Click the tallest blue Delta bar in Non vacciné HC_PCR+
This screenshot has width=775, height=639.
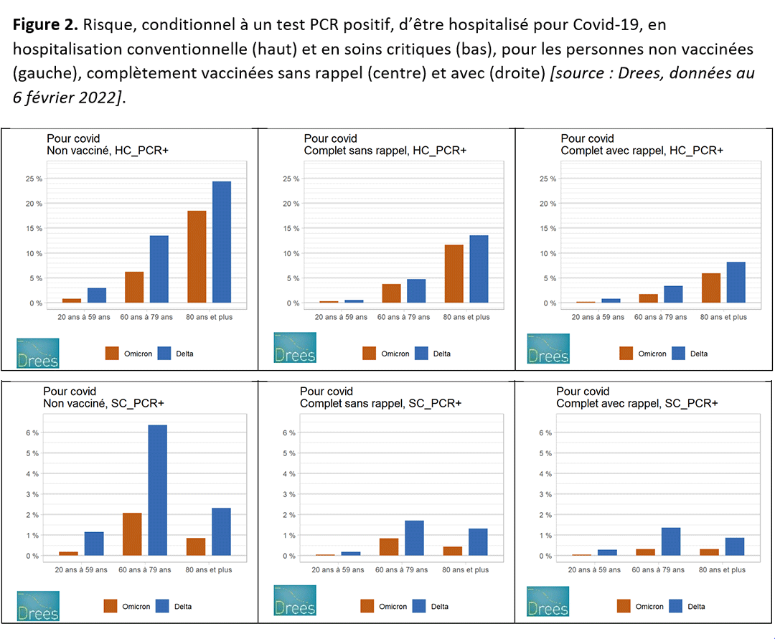pos(222,242)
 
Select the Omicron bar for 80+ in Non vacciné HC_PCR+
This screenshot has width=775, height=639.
pos(197,257)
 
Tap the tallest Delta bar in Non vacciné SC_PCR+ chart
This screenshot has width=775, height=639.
pos(157,491)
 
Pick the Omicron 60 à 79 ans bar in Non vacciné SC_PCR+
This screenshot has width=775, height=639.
pos(132,534)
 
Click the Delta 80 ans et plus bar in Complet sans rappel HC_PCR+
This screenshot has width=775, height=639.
pos(479,270)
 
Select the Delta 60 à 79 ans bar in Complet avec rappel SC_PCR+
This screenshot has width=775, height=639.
pos(671,541)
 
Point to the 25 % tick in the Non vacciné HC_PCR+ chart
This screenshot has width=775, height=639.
pos(34,179)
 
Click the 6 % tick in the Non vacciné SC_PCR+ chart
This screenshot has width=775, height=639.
pos(32,432)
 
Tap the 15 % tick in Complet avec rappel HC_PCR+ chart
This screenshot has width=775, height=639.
pos(548,229)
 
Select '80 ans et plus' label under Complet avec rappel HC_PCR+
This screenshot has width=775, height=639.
pos(723,317)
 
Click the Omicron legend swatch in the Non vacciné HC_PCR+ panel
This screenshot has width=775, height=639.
pos(112,353)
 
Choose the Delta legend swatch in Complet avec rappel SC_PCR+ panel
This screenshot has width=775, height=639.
pos(676,606)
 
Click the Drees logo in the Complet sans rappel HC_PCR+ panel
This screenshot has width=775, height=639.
pos(295,348)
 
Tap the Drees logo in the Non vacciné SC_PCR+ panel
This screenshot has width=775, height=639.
pos(38,606)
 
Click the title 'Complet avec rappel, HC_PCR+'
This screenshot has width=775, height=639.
pos(642,151)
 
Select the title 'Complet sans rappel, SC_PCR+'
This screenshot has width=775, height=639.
pos(380,403)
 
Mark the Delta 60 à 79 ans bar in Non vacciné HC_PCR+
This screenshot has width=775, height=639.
pos(158,269)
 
